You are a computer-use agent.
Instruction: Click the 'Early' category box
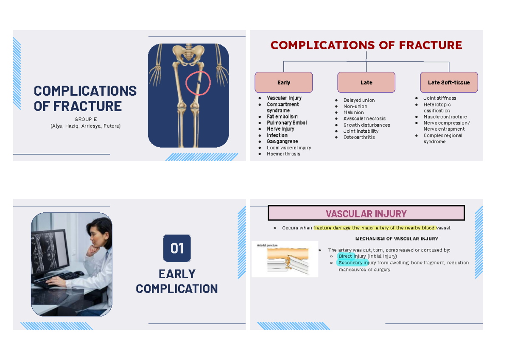[x=283, y=82]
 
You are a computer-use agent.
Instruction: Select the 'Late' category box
[x=366, y=82]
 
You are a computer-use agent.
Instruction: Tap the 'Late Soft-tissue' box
[x=449, y=82]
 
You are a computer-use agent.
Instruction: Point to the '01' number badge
[x=177, y=248]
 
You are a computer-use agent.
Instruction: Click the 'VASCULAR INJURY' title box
[x=366, y=213]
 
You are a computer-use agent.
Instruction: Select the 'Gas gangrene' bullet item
[x=282, y=141]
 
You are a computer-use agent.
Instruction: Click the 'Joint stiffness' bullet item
[x=439, y=98]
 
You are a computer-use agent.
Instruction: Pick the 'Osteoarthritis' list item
[x=359, y=137]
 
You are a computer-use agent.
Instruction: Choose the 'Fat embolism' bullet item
[x=282, y=117]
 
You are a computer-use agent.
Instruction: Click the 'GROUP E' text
[x=86, y=120]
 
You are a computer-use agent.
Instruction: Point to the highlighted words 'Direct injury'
[x=352, y=256]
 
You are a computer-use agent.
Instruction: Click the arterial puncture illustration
[x=285, y=260]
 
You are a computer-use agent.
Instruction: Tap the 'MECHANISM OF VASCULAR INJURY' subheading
[x=397, y=239]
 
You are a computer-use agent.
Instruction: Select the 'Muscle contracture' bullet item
[x=445, y=117]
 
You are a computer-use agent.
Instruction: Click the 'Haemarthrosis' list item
[x=283, y=153]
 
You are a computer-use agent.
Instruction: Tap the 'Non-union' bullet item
[x=355, y=106]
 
